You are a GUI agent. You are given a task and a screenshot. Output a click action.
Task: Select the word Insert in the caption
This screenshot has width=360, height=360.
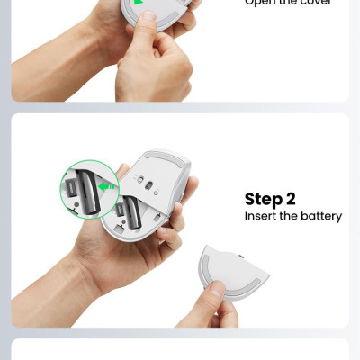259,216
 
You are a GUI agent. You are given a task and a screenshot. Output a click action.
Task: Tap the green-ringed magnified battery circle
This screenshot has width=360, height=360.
89,188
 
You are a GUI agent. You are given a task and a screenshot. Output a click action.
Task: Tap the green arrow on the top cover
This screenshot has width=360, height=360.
141,7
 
